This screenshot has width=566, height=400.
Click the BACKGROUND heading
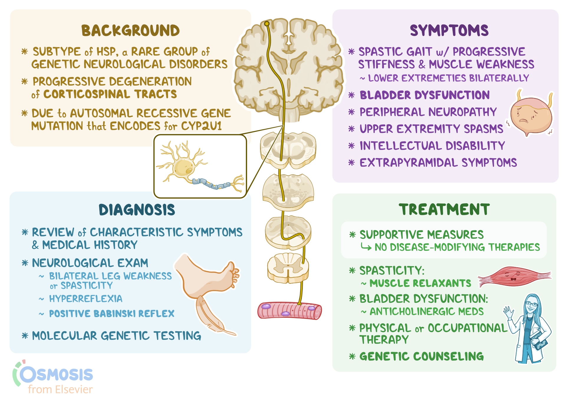pos(130,31)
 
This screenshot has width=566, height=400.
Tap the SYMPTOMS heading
pos(449,31)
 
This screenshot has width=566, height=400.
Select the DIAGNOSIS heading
pos(137,210)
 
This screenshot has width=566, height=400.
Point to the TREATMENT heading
pos(444,209)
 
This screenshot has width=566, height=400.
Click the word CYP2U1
pos(201,126)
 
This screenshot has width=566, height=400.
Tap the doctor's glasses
pos(532,304)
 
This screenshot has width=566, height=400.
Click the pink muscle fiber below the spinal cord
pos(289,311)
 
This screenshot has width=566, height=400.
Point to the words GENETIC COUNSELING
pos(422,356)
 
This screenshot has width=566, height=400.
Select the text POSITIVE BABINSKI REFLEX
pos(112,314)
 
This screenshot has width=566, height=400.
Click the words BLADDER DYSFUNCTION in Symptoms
pos(424,95)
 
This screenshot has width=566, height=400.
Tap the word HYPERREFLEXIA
pos(85,299)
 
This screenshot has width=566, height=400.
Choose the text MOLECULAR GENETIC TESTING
pos(116,336)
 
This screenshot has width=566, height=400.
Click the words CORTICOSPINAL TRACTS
pos(110,94)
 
